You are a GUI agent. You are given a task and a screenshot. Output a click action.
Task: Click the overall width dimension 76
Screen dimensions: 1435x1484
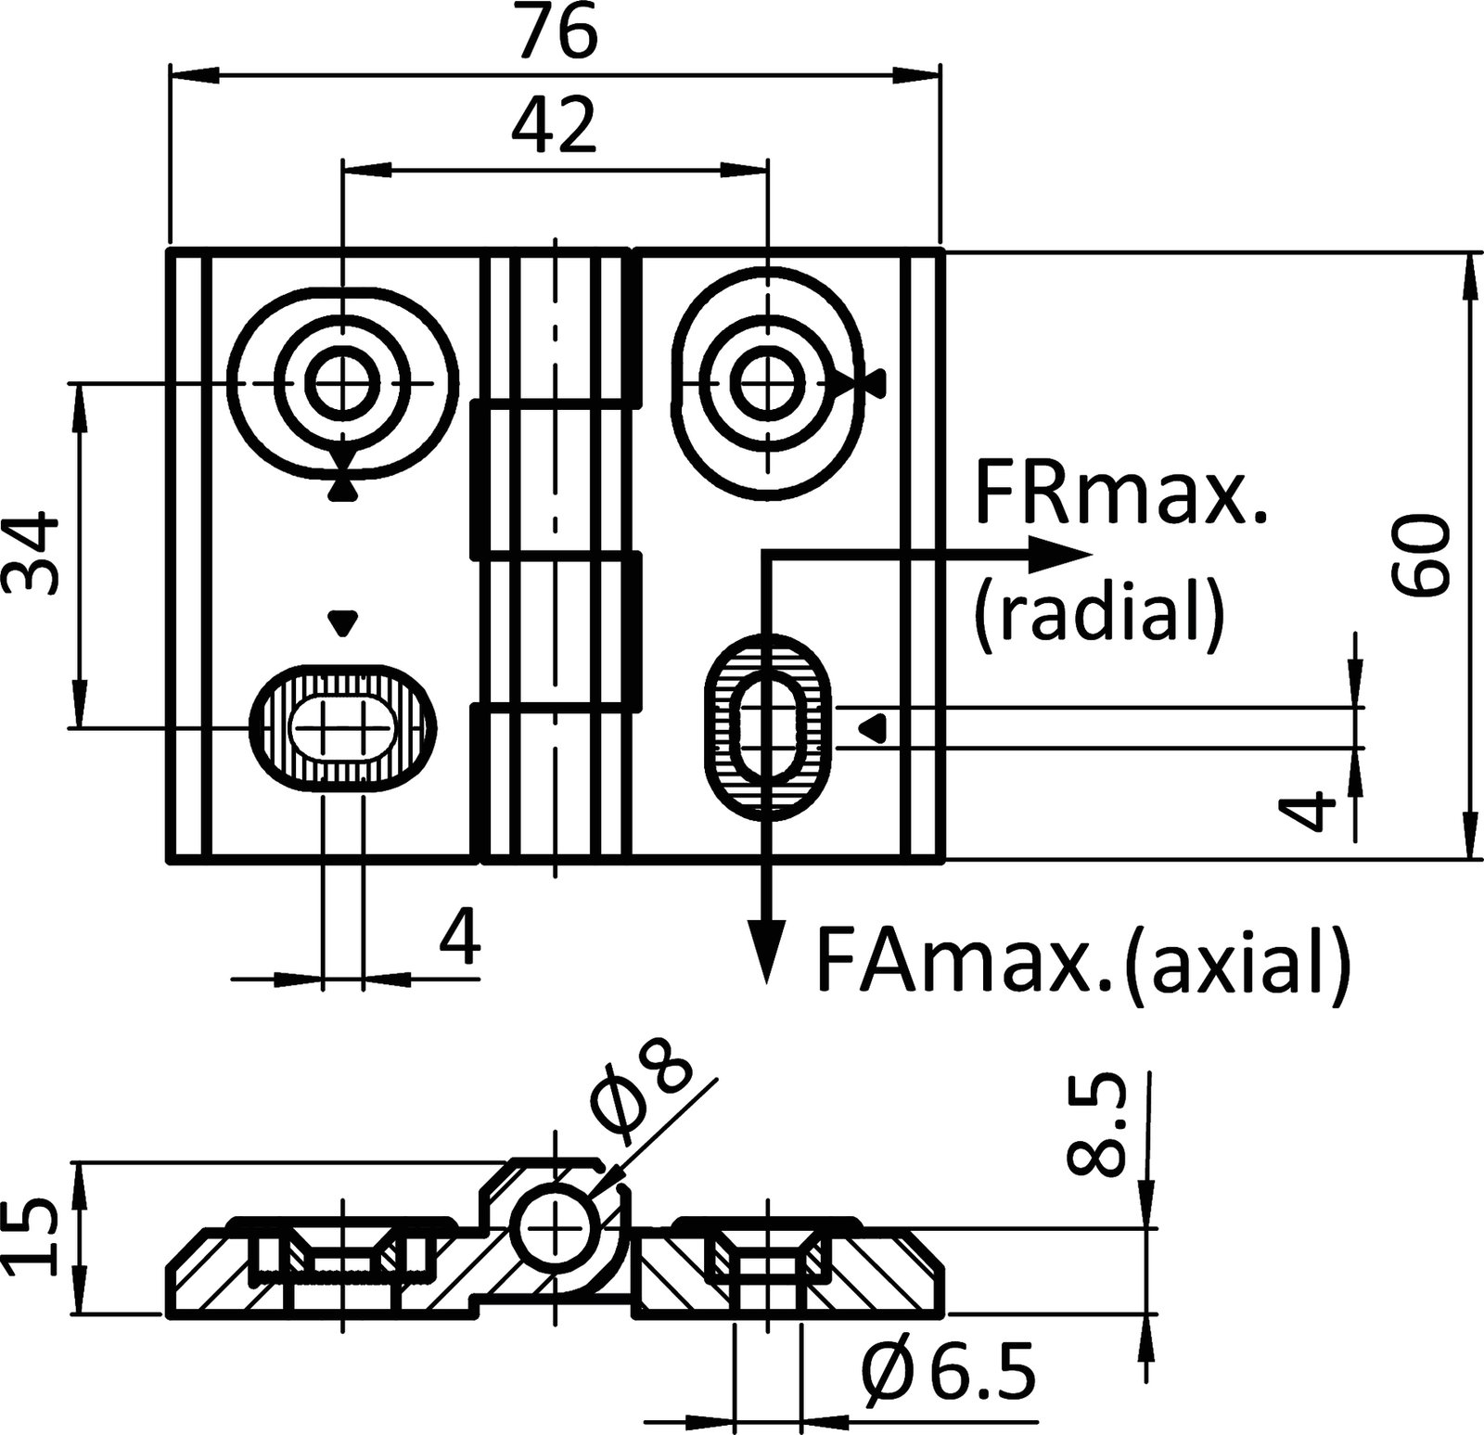(x=556, y=34)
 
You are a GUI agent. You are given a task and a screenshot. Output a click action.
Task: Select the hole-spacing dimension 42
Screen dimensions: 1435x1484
(x=555, y=127)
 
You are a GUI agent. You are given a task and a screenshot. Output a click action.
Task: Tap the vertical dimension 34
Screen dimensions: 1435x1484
(x=30, y=554)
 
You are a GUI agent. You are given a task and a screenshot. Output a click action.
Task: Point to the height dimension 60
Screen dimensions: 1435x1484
(x=1419, y=554)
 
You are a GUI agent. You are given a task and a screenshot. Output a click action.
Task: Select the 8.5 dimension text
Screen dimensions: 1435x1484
(x=1096, y=1126)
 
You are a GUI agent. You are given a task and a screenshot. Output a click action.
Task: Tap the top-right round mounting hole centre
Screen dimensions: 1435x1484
(x=767, y=381)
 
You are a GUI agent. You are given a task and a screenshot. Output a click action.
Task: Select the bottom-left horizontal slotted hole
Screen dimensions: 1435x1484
(x=342, y=728)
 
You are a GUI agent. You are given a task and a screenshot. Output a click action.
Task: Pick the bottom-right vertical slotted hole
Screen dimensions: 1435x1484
(x=766, y=726)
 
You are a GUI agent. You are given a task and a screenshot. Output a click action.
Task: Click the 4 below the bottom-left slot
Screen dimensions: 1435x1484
(x=460, y=938)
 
